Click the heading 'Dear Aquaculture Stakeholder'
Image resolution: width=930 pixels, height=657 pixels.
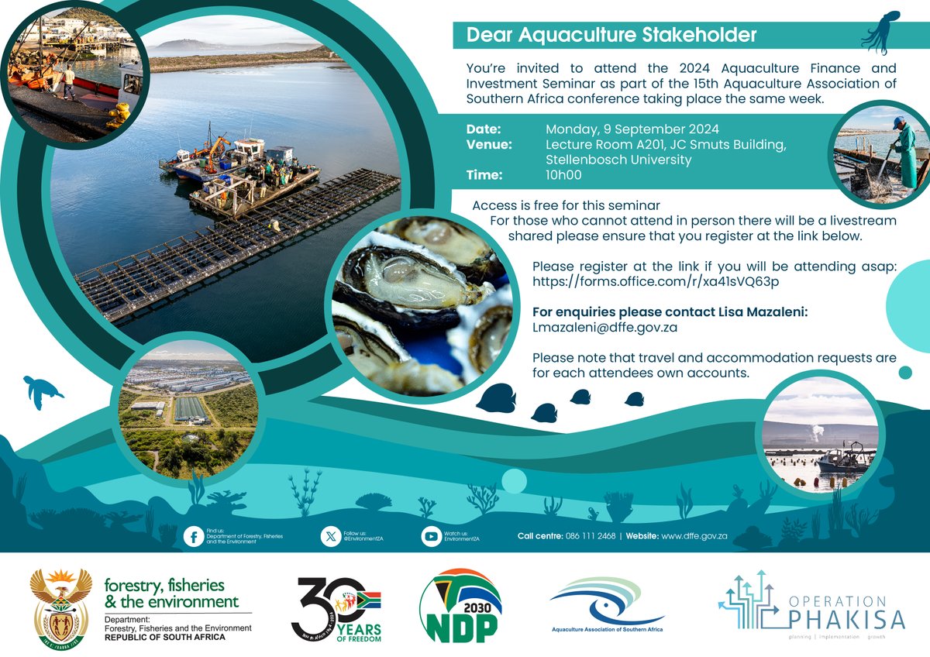[x=611, y=36]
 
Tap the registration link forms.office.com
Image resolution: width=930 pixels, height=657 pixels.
[x=655, y=282]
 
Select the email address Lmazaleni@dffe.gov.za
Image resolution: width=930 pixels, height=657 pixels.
[x=604, y=328]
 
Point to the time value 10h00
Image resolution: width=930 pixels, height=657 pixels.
[x=563, y=176]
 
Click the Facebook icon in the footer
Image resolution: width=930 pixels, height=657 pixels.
[x=194, y=536]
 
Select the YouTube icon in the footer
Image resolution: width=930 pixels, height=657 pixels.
[x=431, y=536]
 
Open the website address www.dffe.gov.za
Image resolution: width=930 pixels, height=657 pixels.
[x=694, y=536]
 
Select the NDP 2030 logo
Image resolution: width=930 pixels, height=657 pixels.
[x=460, y=606]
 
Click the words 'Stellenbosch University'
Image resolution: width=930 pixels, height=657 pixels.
[x=618, y=160]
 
